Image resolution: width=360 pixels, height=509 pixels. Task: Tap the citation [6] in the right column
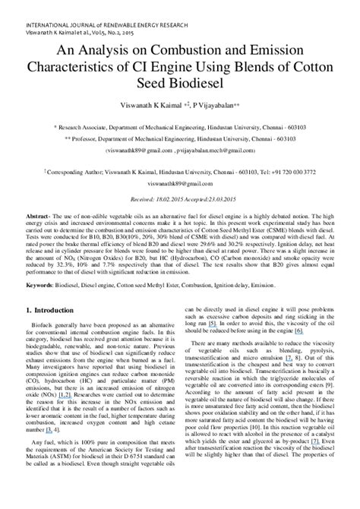[298, 331]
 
